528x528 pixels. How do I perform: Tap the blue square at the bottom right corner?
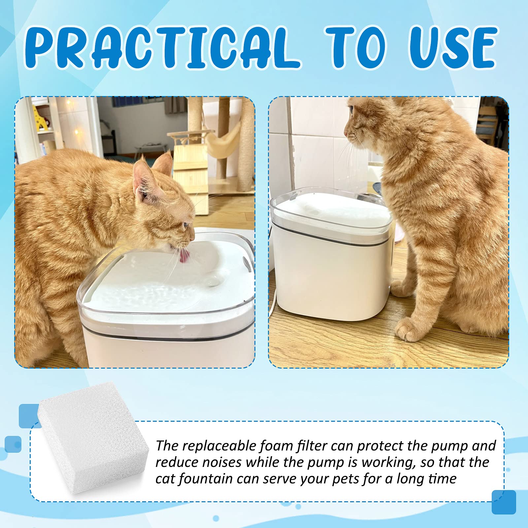[504, 502]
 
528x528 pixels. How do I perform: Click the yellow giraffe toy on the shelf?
[41, 121]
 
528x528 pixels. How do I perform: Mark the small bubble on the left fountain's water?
[212, 281]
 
